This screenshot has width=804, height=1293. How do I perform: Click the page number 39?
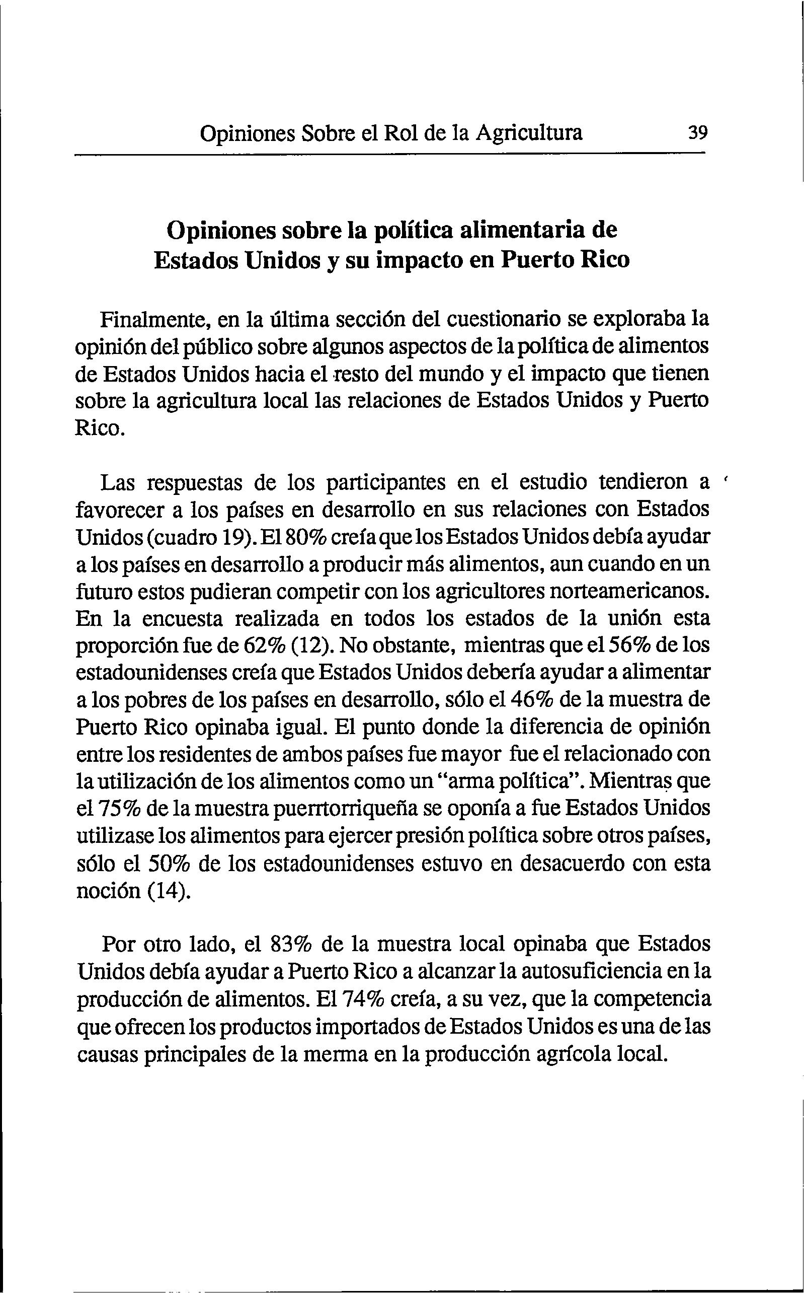(x=697, y=132)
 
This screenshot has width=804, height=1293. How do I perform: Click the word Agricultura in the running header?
(x=529, y=132)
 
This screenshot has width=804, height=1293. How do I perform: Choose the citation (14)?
(x=168, y=890)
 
